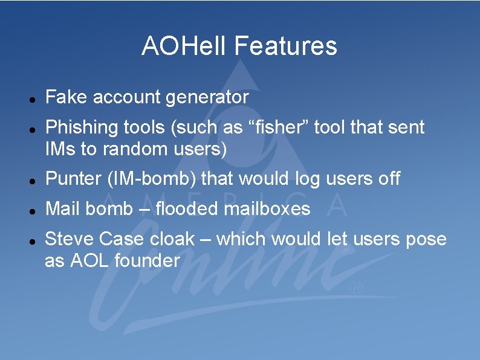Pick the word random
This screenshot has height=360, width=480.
(126, 149)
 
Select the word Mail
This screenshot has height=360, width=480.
(63, 209)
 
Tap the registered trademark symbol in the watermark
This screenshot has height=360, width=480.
(357, 289)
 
